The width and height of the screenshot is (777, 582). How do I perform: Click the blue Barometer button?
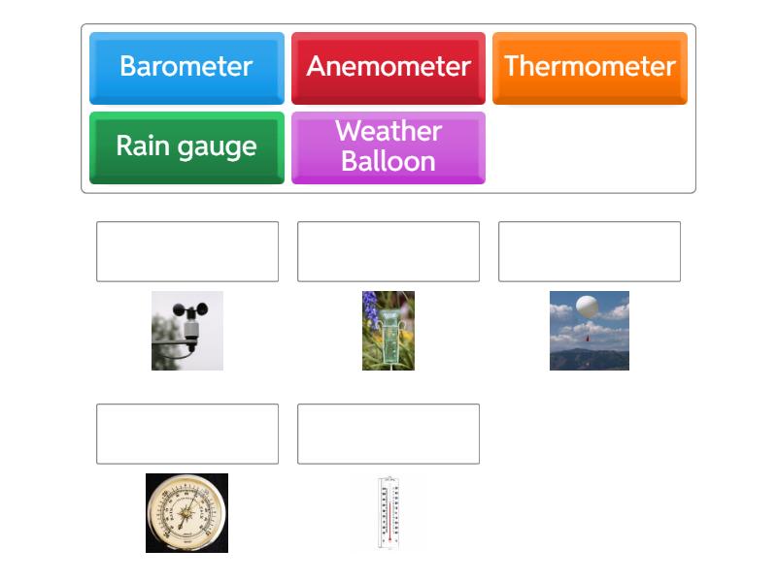[186, 67]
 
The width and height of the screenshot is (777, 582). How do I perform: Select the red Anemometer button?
[388, 67]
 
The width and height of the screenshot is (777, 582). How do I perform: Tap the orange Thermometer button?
[590, 67]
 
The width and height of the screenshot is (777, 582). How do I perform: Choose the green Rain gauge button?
[186, 146]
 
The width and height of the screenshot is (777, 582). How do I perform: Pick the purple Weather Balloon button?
[388, 146]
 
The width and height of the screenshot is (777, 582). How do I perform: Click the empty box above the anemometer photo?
[187, 251]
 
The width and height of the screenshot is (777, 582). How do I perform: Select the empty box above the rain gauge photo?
[388, 251]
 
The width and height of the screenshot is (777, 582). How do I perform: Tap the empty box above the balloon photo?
[590, 251]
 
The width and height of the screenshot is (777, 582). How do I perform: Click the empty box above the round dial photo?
[187, 434]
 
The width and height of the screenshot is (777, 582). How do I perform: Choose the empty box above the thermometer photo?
[388, 434]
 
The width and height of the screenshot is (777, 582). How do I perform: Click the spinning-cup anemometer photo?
[187, 330]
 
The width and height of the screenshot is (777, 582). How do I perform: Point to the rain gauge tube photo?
[388, 330]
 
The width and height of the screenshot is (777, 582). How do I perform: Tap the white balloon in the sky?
[587, 307]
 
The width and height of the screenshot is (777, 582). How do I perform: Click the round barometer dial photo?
[186, 513]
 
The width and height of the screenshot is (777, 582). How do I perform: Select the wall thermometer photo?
[388, 513]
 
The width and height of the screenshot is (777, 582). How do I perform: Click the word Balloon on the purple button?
[388, 161]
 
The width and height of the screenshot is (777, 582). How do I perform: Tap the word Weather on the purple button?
[388, 132]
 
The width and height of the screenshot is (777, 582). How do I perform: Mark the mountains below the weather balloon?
[590, 359]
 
